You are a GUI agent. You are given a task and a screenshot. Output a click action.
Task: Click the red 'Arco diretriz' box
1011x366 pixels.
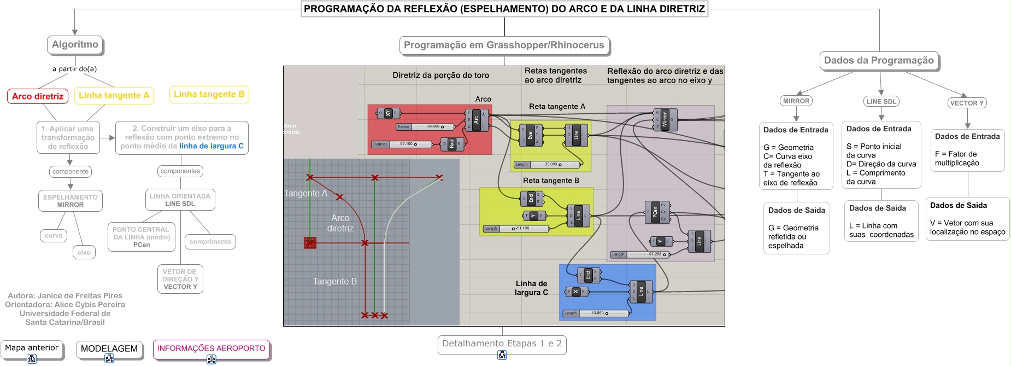[38, 96]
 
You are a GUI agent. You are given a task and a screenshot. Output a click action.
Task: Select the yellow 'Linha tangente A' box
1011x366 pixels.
[114, 95]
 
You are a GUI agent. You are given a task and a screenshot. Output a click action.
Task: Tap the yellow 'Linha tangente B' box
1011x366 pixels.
[209, 94]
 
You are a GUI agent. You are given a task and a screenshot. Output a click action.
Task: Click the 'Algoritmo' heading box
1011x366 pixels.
[75, 44]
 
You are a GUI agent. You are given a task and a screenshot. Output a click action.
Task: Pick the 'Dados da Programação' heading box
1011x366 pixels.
[879, 60]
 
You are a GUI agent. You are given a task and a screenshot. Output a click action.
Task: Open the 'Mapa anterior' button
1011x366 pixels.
[32, 348]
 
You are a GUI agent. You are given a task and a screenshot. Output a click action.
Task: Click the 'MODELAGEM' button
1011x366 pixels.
[109, 349]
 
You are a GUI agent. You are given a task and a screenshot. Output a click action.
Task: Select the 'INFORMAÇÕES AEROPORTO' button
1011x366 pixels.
[211, 348]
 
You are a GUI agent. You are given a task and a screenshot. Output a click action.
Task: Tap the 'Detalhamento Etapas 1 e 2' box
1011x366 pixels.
[502, 344]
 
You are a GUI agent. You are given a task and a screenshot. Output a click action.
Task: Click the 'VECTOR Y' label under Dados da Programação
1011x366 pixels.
[966, 103]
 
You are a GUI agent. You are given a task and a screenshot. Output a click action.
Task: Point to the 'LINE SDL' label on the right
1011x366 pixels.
[881, 101]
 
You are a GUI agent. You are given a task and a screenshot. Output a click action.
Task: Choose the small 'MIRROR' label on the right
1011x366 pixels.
[796, 101]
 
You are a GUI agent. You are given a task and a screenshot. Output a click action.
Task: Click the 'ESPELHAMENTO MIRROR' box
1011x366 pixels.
[70, 201]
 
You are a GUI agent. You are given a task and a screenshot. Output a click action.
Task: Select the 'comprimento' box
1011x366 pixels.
[210, 241]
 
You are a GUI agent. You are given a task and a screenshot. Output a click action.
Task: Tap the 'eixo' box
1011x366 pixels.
[84, 252]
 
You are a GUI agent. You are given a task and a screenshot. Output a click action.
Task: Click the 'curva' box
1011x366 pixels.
[54, 235]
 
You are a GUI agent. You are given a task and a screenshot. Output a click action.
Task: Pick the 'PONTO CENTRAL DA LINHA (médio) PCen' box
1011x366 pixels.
[141, 237]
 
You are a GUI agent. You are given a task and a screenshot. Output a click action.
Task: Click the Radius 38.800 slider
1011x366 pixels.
[426, 126]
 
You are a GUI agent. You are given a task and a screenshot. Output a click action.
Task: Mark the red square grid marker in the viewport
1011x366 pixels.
[310, 242]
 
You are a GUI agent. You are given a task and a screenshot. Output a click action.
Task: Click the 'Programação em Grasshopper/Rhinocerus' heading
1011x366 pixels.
[504, 45]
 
